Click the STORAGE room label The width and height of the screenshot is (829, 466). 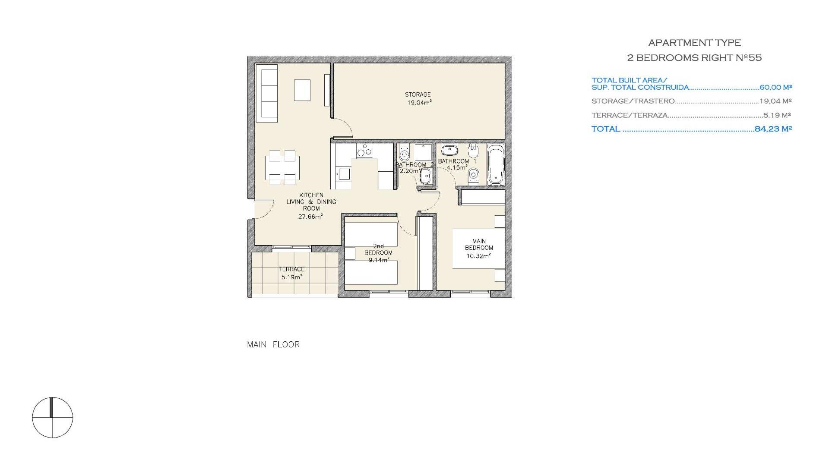point(418,94)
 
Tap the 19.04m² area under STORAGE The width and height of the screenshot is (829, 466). point(419,103)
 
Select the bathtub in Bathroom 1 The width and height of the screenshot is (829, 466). point(496,164)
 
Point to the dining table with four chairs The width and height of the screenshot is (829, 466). point(282,168)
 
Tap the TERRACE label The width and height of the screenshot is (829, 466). point(291,269)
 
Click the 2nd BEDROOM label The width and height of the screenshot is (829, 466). point(378,253)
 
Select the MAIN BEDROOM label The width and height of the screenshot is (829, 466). point(479,245)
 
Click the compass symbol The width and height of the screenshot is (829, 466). point(53,417)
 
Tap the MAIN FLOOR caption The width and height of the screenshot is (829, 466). point(273,344)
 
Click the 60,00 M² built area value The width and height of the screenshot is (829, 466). point(776,87)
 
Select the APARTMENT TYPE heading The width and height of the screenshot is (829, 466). point(695,43)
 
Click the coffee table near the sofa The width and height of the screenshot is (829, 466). point(302,90)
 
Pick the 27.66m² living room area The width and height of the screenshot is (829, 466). point(311,217)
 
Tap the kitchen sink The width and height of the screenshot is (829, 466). point(344,174)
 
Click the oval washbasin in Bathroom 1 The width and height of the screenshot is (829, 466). point(449,151)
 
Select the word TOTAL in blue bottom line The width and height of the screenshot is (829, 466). point(606,129)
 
